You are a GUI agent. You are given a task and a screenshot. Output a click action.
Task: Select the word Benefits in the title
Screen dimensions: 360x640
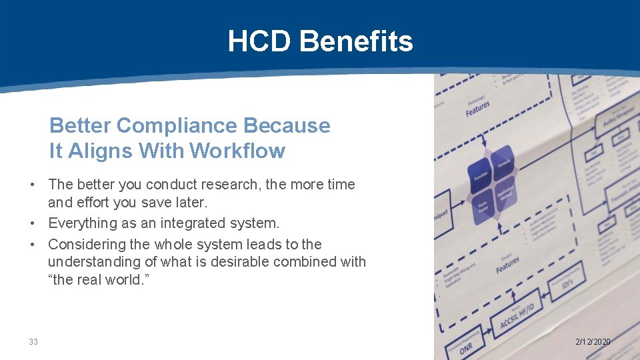point(356,41)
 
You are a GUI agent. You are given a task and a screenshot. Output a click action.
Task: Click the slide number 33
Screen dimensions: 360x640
point(33,342)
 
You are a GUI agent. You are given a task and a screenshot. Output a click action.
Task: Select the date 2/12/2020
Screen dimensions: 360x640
point(593,342)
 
